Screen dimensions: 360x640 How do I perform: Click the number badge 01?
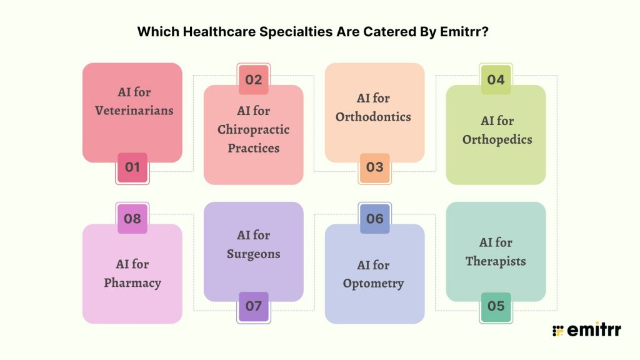132,167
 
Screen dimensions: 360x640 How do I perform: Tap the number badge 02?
253,80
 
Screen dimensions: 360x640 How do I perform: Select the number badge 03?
374,167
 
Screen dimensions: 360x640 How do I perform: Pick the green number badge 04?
496,80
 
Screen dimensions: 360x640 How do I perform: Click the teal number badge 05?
496,306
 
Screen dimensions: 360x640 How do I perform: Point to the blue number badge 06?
374,219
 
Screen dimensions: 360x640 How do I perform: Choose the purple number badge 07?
253,306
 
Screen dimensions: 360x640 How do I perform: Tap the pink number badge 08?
132,219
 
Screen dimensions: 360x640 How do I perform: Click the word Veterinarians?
134,111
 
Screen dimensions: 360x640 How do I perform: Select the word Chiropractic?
253,129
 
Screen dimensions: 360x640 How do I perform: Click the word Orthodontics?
373,117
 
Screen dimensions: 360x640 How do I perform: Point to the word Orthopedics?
496,139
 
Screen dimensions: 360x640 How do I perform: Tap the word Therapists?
496,261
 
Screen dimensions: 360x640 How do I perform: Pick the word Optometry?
373,283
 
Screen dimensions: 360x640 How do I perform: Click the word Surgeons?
253,254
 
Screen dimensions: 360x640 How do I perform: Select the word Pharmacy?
132,282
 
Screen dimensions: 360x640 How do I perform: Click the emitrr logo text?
594,331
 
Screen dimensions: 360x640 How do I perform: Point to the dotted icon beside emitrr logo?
558,331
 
